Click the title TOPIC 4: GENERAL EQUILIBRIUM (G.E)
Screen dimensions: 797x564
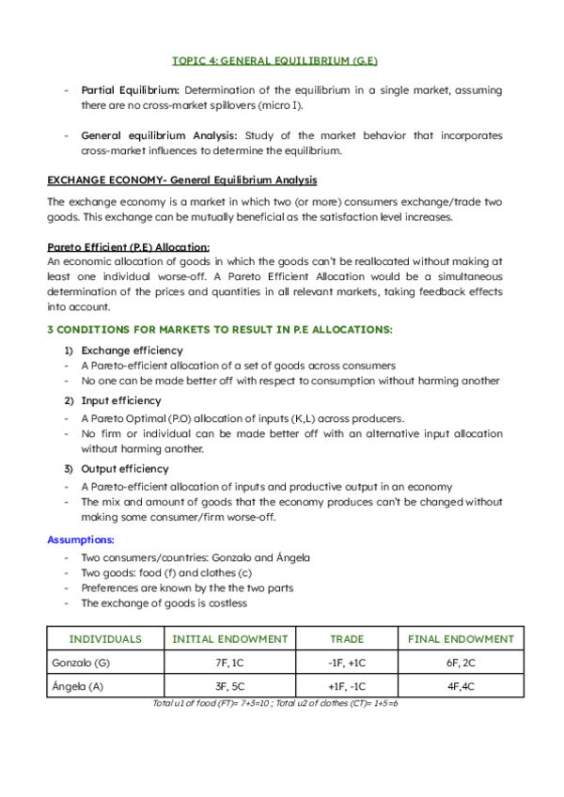click(x=274, y=60)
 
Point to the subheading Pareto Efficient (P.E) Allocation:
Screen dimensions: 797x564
click(x=116, y=247)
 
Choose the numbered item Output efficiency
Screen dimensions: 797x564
click(x=125, y=468)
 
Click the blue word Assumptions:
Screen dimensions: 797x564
click(x=81, y=540)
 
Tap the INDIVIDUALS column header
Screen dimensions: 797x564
click(x=105, y=639)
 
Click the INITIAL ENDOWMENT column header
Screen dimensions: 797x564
click(x=229, y=639)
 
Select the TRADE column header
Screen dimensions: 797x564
click(x=347, y=639)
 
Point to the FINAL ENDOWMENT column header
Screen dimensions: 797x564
click(x=461, y=639)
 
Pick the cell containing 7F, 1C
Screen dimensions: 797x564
click(x=229, y=663)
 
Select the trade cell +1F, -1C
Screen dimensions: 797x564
click(x=347, y=686)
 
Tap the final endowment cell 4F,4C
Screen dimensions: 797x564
click(x=461, y=686)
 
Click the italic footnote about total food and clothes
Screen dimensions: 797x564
click(x=275, y=703)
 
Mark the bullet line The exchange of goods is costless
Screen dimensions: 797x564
click(x=164, y=603)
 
